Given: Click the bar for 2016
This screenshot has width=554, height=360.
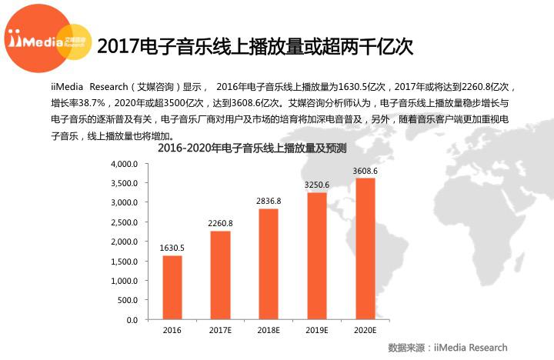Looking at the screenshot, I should tap(172, 287).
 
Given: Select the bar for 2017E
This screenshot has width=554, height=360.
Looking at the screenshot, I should tap(220, 275).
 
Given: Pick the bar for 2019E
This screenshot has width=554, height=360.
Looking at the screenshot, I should tap(317, 255).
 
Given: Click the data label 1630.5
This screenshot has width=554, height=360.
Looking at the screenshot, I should tap(172, 248).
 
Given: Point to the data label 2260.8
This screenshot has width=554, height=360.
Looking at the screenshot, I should tap(220, 223).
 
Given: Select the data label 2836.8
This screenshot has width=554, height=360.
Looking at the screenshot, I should tap(269, 201).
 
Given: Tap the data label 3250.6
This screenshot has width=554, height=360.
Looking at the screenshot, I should tap(317, 185).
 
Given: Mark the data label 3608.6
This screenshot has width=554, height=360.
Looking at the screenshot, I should tap(365, 171).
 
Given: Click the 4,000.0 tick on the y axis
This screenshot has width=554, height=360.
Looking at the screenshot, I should tap(124, 164).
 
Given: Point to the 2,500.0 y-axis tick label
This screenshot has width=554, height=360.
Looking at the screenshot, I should tap(124, 222).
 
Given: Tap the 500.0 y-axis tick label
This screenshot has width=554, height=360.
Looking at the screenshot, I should tap(127, 300).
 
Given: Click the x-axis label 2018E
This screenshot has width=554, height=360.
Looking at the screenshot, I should tap(269, 331).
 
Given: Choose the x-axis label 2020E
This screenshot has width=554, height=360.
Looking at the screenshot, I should tap(365, 331).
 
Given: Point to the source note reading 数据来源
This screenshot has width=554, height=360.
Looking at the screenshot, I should tap(448, 347).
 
